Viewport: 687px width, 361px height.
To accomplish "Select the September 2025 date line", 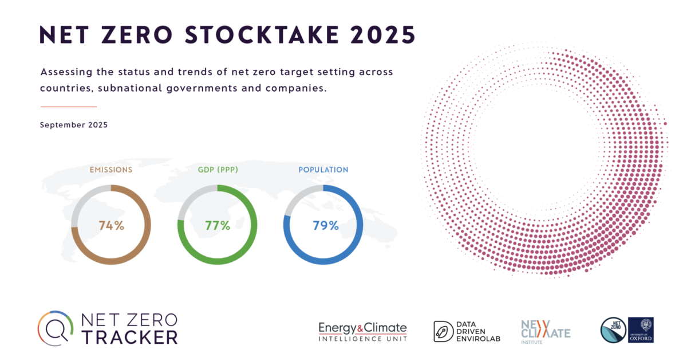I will point(73,124).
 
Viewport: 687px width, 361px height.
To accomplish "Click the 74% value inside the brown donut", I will point(111,225).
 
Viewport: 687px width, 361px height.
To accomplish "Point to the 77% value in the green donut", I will point(218,225).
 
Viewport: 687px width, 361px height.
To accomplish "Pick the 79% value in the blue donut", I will point(325,225).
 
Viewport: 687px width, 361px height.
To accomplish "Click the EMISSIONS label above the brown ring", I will point(111,170).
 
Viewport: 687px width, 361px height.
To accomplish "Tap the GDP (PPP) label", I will point(218,170).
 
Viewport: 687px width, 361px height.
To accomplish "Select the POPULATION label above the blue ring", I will point(323,170).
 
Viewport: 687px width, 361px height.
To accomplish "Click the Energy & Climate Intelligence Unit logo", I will point(363,331).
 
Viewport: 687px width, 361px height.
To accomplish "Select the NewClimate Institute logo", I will point(546,331).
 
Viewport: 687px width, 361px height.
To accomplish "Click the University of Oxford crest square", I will point(641,330).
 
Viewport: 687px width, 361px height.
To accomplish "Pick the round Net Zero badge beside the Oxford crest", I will point(613,331).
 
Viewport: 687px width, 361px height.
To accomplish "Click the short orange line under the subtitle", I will point(69,107).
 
